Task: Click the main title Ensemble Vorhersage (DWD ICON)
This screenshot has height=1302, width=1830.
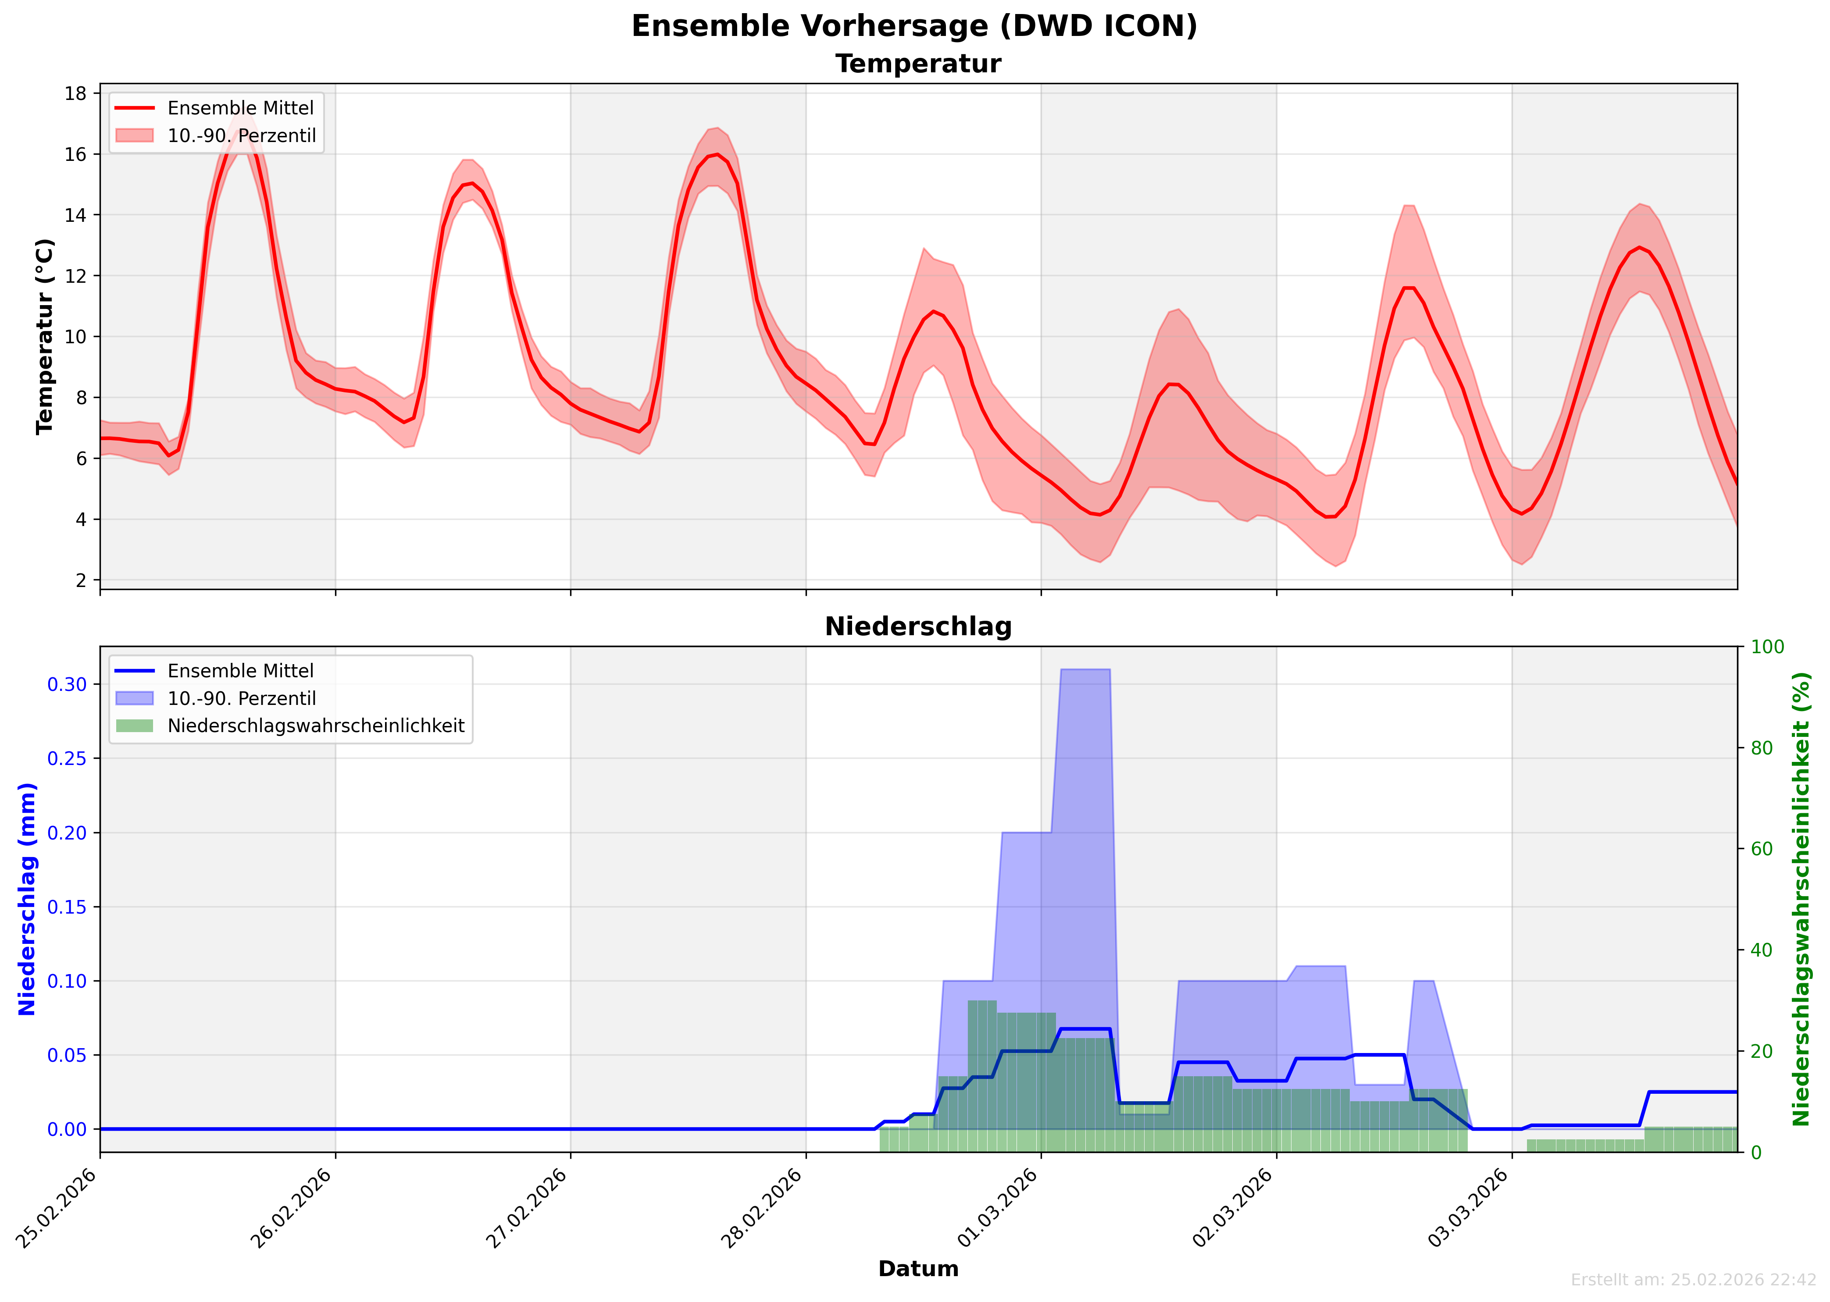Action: click(x=914, y=26)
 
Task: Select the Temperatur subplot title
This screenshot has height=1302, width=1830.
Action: click(x=918, y=64)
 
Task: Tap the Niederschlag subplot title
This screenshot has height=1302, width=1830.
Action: click(x=918, y=627)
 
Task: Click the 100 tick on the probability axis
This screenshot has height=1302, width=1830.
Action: click(x=1766, y=647)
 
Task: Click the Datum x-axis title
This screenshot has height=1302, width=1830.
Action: click(x=918, y=1269)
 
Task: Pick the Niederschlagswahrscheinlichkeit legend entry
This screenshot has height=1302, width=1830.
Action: click(x=315, y=726)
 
